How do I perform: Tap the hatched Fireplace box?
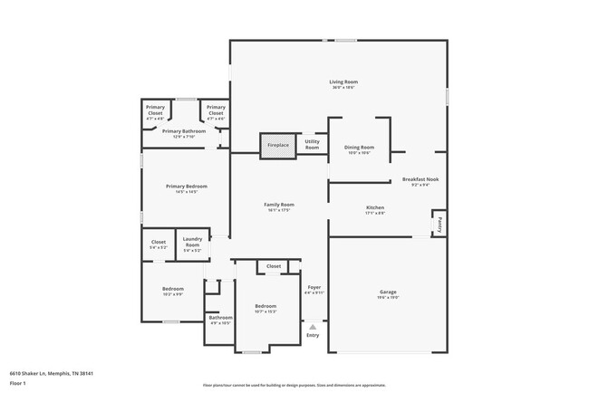click(x=277, y=145)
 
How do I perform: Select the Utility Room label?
click(x=312, y=144)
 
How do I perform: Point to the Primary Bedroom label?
click(x=181, y=188)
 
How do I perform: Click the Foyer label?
click(x=314, y=290)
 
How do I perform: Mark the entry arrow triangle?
click(x=313, y=326)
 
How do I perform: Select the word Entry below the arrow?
click(x=313, y=335)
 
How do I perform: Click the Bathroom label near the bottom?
click(x=220, y=320)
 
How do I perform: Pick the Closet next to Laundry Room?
click(x=158, y=244)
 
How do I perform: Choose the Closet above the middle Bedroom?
click(x=274, y=266)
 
